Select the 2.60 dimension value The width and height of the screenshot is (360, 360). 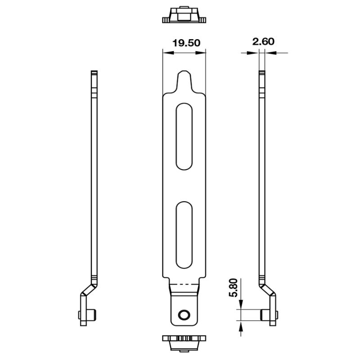click(x=263, y=41)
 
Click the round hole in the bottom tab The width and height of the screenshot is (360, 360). click(x=184, y=315)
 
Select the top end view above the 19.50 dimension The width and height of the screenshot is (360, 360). click(x=184, y=16)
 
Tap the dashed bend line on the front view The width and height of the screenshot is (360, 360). click(x=184, y=285)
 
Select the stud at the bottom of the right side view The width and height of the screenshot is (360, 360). click(x=265, y=315)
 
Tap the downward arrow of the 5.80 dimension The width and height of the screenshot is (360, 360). click(x=241, y=303)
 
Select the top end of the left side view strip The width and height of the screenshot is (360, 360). click(x=94, y=74)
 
